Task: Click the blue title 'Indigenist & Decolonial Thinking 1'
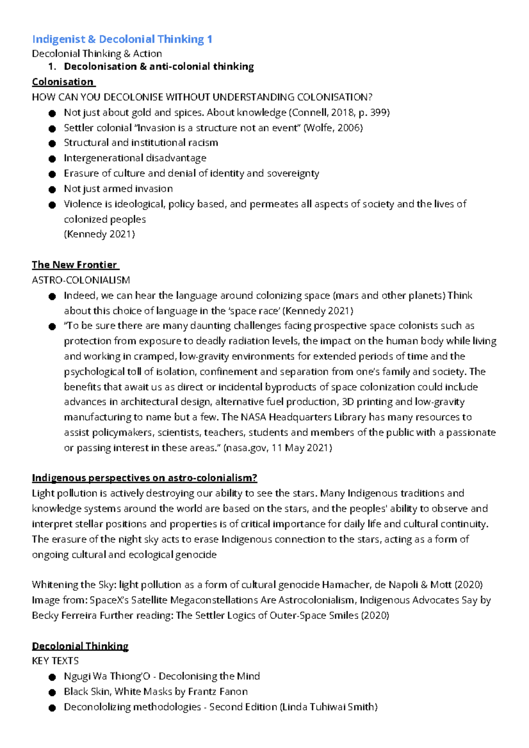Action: point(122,39)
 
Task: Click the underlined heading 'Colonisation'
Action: point(63,82)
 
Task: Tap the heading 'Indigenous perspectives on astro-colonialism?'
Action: point(144,478)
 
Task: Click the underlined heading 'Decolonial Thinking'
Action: point(80,646)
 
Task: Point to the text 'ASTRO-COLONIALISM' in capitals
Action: point(81,280)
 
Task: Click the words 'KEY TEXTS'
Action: point(55,661)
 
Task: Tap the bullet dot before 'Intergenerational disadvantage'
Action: point(52,159)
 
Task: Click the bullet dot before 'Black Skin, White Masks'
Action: point(52,692)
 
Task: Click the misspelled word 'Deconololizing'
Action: point(97,707)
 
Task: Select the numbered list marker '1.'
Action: point(52,67)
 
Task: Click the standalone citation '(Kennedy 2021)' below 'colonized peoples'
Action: point(99,234)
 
